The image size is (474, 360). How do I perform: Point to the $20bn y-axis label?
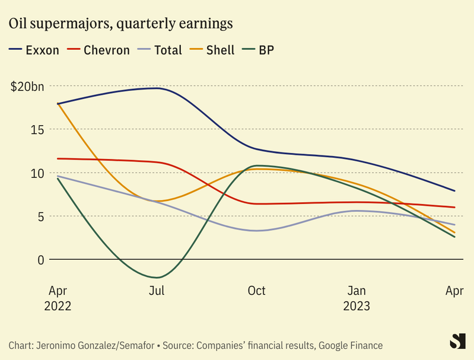tap(27, 87)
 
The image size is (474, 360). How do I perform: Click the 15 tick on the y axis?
tap(37, 129)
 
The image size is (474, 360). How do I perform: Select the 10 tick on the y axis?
tap(37, 173)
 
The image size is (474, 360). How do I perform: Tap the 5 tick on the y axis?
tap(41, 216)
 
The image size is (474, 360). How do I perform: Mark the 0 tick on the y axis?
tap(41, 260)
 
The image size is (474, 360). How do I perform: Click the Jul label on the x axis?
tap(157, 291)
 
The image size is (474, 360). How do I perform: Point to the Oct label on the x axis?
tap(256, 291)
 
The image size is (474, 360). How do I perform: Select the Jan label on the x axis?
tap(357, 291)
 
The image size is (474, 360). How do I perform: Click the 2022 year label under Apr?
tap(58, 307)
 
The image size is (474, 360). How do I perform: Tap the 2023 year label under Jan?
tap(357, 307)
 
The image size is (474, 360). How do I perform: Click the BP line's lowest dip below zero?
tap(157, 277)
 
